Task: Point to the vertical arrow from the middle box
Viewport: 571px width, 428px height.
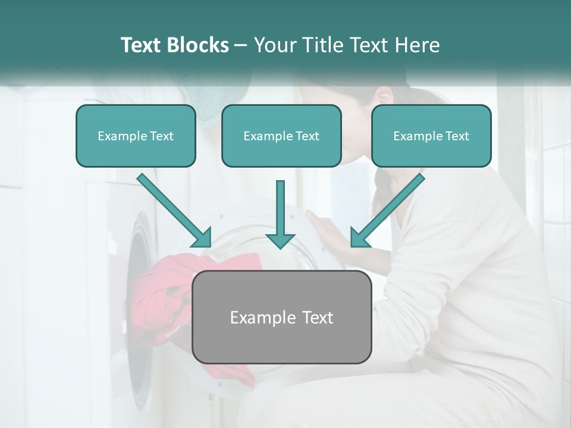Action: point(280,214)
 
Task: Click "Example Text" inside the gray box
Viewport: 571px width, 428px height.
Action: point(281,317)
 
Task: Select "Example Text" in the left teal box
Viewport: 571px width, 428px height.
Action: point(136,136)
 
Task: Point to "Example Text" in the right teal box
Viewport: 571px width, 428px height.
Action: point(431,136)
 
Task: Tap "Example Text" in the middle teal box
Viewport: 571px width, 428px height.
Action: point(281,136)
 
